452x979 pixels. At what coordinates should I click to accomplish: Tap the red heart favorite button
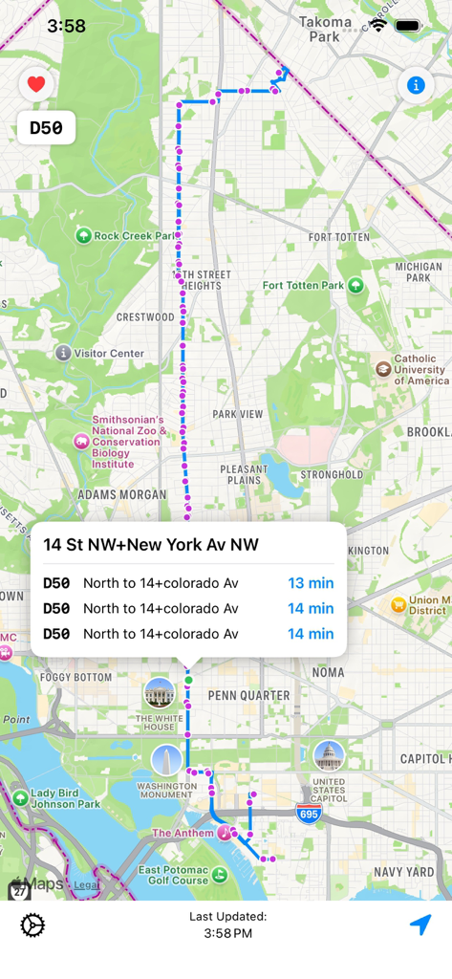(36, 84)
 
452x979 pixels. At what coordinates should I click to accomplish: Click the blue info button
(416, 85)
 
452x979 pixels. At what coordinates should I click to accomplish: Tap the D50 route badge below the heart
(46, 128)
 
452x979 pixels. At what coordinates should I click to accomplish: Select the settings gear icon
(32, 925)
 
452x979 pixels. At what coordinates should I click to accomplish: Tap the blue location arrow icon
(420, 925)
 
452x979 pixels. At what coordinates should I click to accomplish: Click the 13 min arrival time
(311, 583)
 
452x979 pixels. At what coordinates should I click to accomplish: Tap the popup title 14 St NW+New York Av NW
(151, 545)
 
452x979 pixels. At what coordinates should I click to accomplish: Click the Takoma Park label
(325, 29)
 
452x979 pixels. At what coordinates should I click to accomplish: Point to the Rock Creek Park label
(132, 235)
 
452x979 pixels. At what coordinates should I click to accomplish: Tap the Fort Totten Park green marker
(356, 285)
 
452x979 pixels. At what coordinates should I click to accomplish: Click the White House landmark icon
(159, 693)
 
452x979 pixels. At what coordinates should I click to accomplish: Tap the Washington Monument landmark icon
(166, 761)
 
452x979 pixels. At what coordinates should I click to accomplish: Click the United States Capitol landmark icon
(329, 755)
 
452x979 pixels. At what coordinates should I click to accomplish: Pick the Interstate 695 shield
(309, 814)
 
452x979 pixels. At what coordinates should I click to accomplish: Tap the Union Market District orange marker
(398, 604)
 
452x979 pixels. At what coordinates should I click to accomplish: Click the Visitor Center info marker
(63, 353)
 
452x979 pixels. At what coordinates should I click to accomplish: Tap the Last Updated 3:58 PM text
(227, 925)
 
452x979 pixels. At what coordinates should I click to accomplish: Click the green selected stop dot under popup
(189, 680)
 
